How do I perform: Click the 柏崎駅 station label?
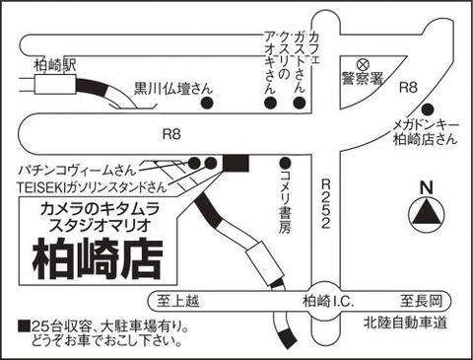(x=55, y=65)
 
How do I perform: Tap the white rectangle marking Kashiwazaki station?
(x=56, y=84)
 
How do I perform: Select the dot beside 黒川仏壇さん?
(x=207, y=104)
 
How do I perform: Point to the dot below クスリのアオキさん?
(x=270, y=104)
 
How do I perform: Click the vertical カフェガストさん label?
(x=306, y=62)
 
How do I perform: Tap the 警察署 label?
(x=363, y=78)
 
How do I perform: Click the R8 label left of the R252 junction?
(x=171, y=134)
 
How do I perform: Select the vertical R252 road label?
(x=325, y=203)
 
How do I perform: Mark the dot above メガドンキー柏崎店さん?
(x=428, y=109)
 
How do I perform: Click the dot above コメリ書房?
(x=285, y=163)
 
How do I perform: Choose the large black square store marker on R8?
(x=236, y=163)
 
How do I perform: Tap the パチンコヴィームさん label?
(x=77, y=171)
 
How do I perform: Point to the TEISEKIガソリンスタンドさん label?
(x=92, y=187)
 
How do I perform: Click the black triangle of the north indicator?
(x=427, y=213)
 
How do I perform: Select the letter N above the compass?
(x=427, y=188)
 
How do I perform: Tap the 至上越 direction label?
(x=177, y=301)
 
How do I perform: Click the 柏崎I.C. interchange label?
(x=328, y=301)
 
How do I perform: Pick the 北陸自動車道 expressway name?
(x=405, y=323)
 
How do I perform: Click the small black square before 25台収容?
(x=24, y=326)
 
